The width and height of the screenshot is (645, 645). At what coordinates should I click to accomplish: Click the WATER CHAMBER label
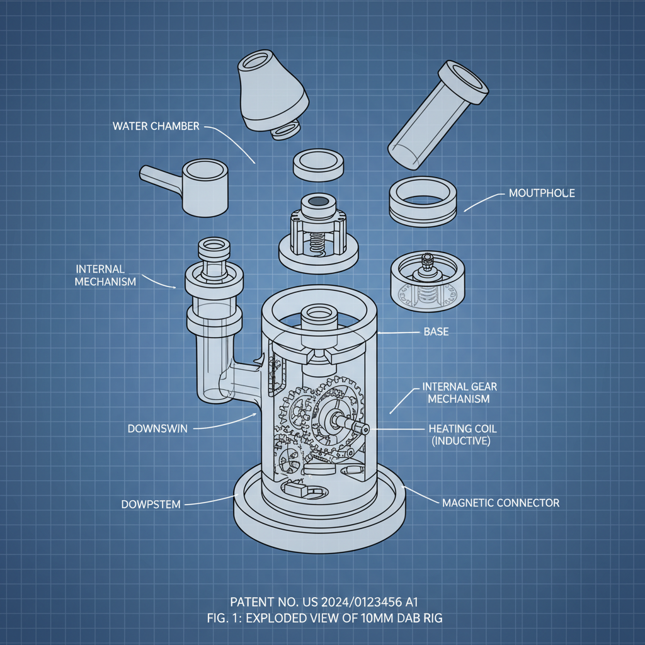click(156, 126)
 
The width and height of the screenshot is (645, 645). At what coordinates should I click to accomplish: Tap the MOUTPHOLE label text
click(541, 193)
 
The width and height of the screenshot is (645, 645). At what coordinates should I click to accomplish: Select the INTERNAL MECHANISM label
click(105, 275)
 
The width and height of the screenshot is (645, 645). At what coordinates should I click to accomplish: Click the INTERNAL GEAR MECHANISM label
click(455, 392)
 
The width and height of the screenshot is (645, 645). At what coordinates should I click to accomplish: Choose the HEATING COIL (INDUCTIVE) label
click(462, 435)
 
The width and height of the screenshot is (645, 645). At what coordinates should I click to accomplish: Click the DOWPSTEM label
click(151, 504)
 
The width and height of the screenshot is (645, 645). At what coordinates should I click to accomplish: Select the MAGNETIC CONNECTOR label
click(500, 503)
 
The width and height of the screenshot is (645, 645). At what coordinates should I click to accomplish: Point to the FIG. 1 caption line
click(322, 618)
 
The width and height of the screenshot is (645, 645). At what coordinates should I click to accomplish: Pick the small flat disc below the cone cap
click(320, 165)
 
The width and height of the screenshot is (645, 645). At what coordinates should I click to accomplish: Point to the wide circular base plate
click(318, 510)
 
